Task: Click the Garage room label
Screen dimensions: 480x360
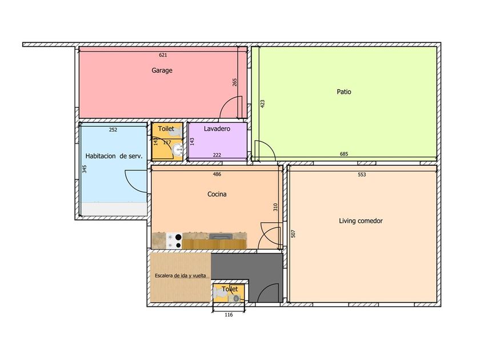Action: coord(162,70)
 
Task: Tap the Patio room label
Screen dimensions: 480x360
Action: coord(344,92)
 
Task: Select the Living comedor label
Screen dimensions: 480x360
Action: coord(361,221)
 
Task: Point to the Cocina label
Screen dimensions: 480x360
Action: coord(217,194)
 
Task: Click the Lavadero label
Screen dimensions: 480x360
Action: coord(217,129)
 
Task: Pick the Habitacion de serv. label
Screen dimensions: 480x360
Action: coord(114,156)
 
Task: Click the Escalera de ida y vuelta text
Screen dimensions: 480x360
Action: coord(181,276)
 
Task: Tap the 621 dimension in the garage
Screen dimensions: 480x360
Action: coord(163,55)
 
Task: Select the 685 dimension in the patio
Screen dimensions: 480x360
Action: coord(344,154)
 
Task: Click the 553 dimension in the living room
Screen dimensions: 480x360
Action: coord(362,175)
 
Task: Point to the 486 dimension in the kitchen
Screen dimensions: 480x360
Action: coord(217,174)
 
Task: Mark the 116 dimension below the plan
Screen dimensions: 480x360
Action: coord(229,315)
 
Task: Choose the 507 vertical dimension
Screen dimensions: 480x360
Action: coord(293,234)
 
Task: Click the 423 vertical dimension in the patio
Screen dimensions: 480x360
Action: coord(262,104)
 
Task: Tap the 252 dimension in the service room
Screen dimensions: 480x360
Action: coord(113,130)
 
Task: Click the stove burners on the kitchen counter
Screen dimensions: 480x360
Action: coord(174,241)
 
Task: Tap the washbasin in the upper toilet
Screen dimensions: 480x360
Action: coord(177,150)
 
